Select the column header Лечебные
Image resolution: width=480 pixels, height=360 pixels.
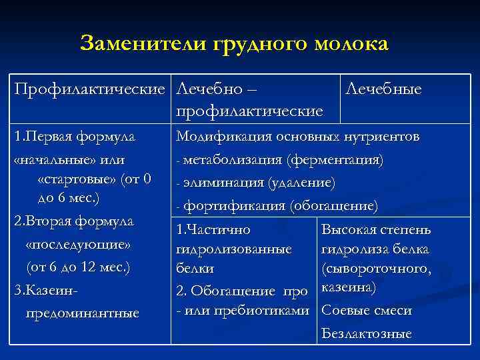[383, 89]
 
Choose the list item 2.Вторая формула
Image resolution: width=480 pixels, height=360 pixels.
[74, 221]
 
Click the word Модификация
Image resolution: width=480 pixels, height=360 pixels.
[218, 138]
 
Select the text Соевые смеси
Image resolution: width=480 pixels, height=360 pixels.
[367, 311]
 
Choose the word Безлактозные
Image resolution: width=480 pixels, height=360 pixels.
[367, 334]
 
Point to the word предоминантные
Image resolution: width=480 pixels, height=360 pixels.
[82, 313]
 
